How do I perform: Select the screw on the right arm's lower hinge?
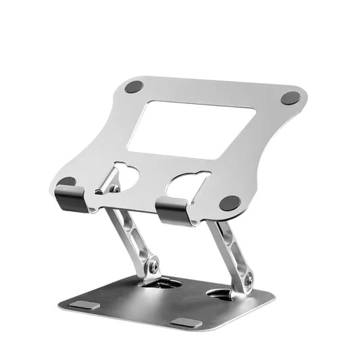point(249,277)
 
